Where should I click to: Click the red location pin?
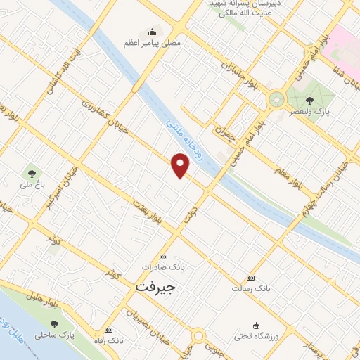pos(181,166)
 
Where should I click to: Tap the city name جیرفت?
pos(153,288)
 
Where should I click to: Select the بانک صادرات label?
pos(157,268)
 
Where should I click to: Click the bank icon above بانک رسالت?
pos(251,278)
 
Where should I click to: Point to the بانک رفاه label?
pos(111,340)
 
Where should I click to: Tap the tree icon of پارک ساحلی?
pos(54,324)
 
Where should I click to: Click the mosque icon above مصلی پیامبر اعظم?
pos(151,32)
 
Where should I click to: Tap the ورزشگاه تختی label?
pos(257,337)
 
